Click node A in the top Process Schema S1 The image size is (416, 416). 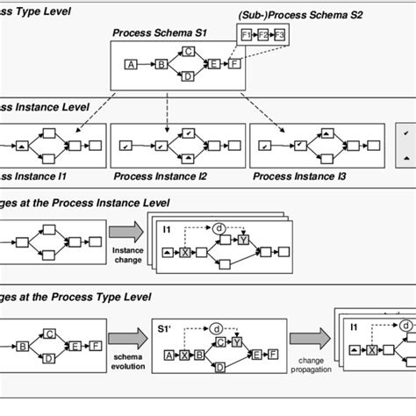[x=131, y=65]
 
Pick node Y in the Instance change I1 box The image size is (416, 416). [x=243, y=240]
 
